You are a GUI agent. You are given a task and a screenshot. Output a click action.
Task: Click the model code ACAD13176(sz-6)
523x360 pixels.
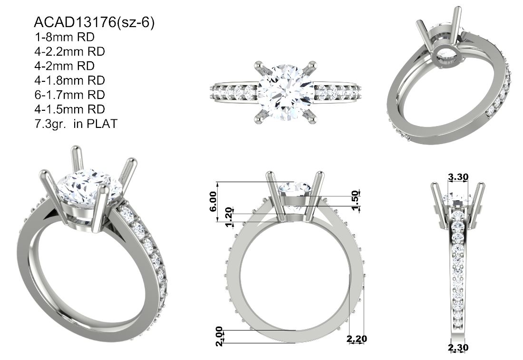(94, 22)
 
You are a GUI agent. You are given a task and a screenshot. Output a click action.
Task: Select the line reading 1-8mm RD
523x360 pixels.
(64, 37)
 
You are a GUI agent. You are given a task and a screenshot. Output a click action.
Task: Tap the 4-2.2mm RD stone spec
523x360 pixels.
(69, 51)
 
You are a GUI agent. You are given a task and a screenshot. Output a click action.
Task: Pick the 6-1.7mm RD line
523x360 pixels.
(69, 95)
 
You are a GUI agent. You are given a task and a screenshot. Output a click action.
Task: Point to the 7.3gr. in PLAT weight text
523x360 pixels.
(76, 124)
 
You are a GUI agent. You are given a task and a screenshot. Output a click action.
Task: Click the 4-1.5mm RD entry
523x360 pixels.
(69, 109)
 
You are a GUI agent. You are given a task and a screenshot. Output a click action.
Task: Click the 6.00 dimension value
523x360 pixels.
(213, 201)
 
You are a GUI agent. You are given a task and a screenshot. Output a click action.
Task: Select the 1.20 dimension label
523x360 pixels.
(229, 217)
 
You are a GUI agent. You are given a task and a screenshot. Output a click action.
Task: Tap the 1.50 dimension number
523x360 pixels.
(356, 200)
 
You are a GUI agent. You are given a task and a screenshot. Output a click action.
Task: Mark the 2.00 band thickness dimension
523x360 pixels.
(219, 336)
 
